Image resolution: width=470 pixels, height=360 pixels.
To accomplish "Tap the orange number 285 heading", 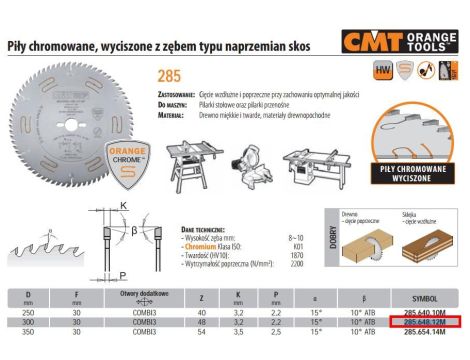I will (x=171, y=74).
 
